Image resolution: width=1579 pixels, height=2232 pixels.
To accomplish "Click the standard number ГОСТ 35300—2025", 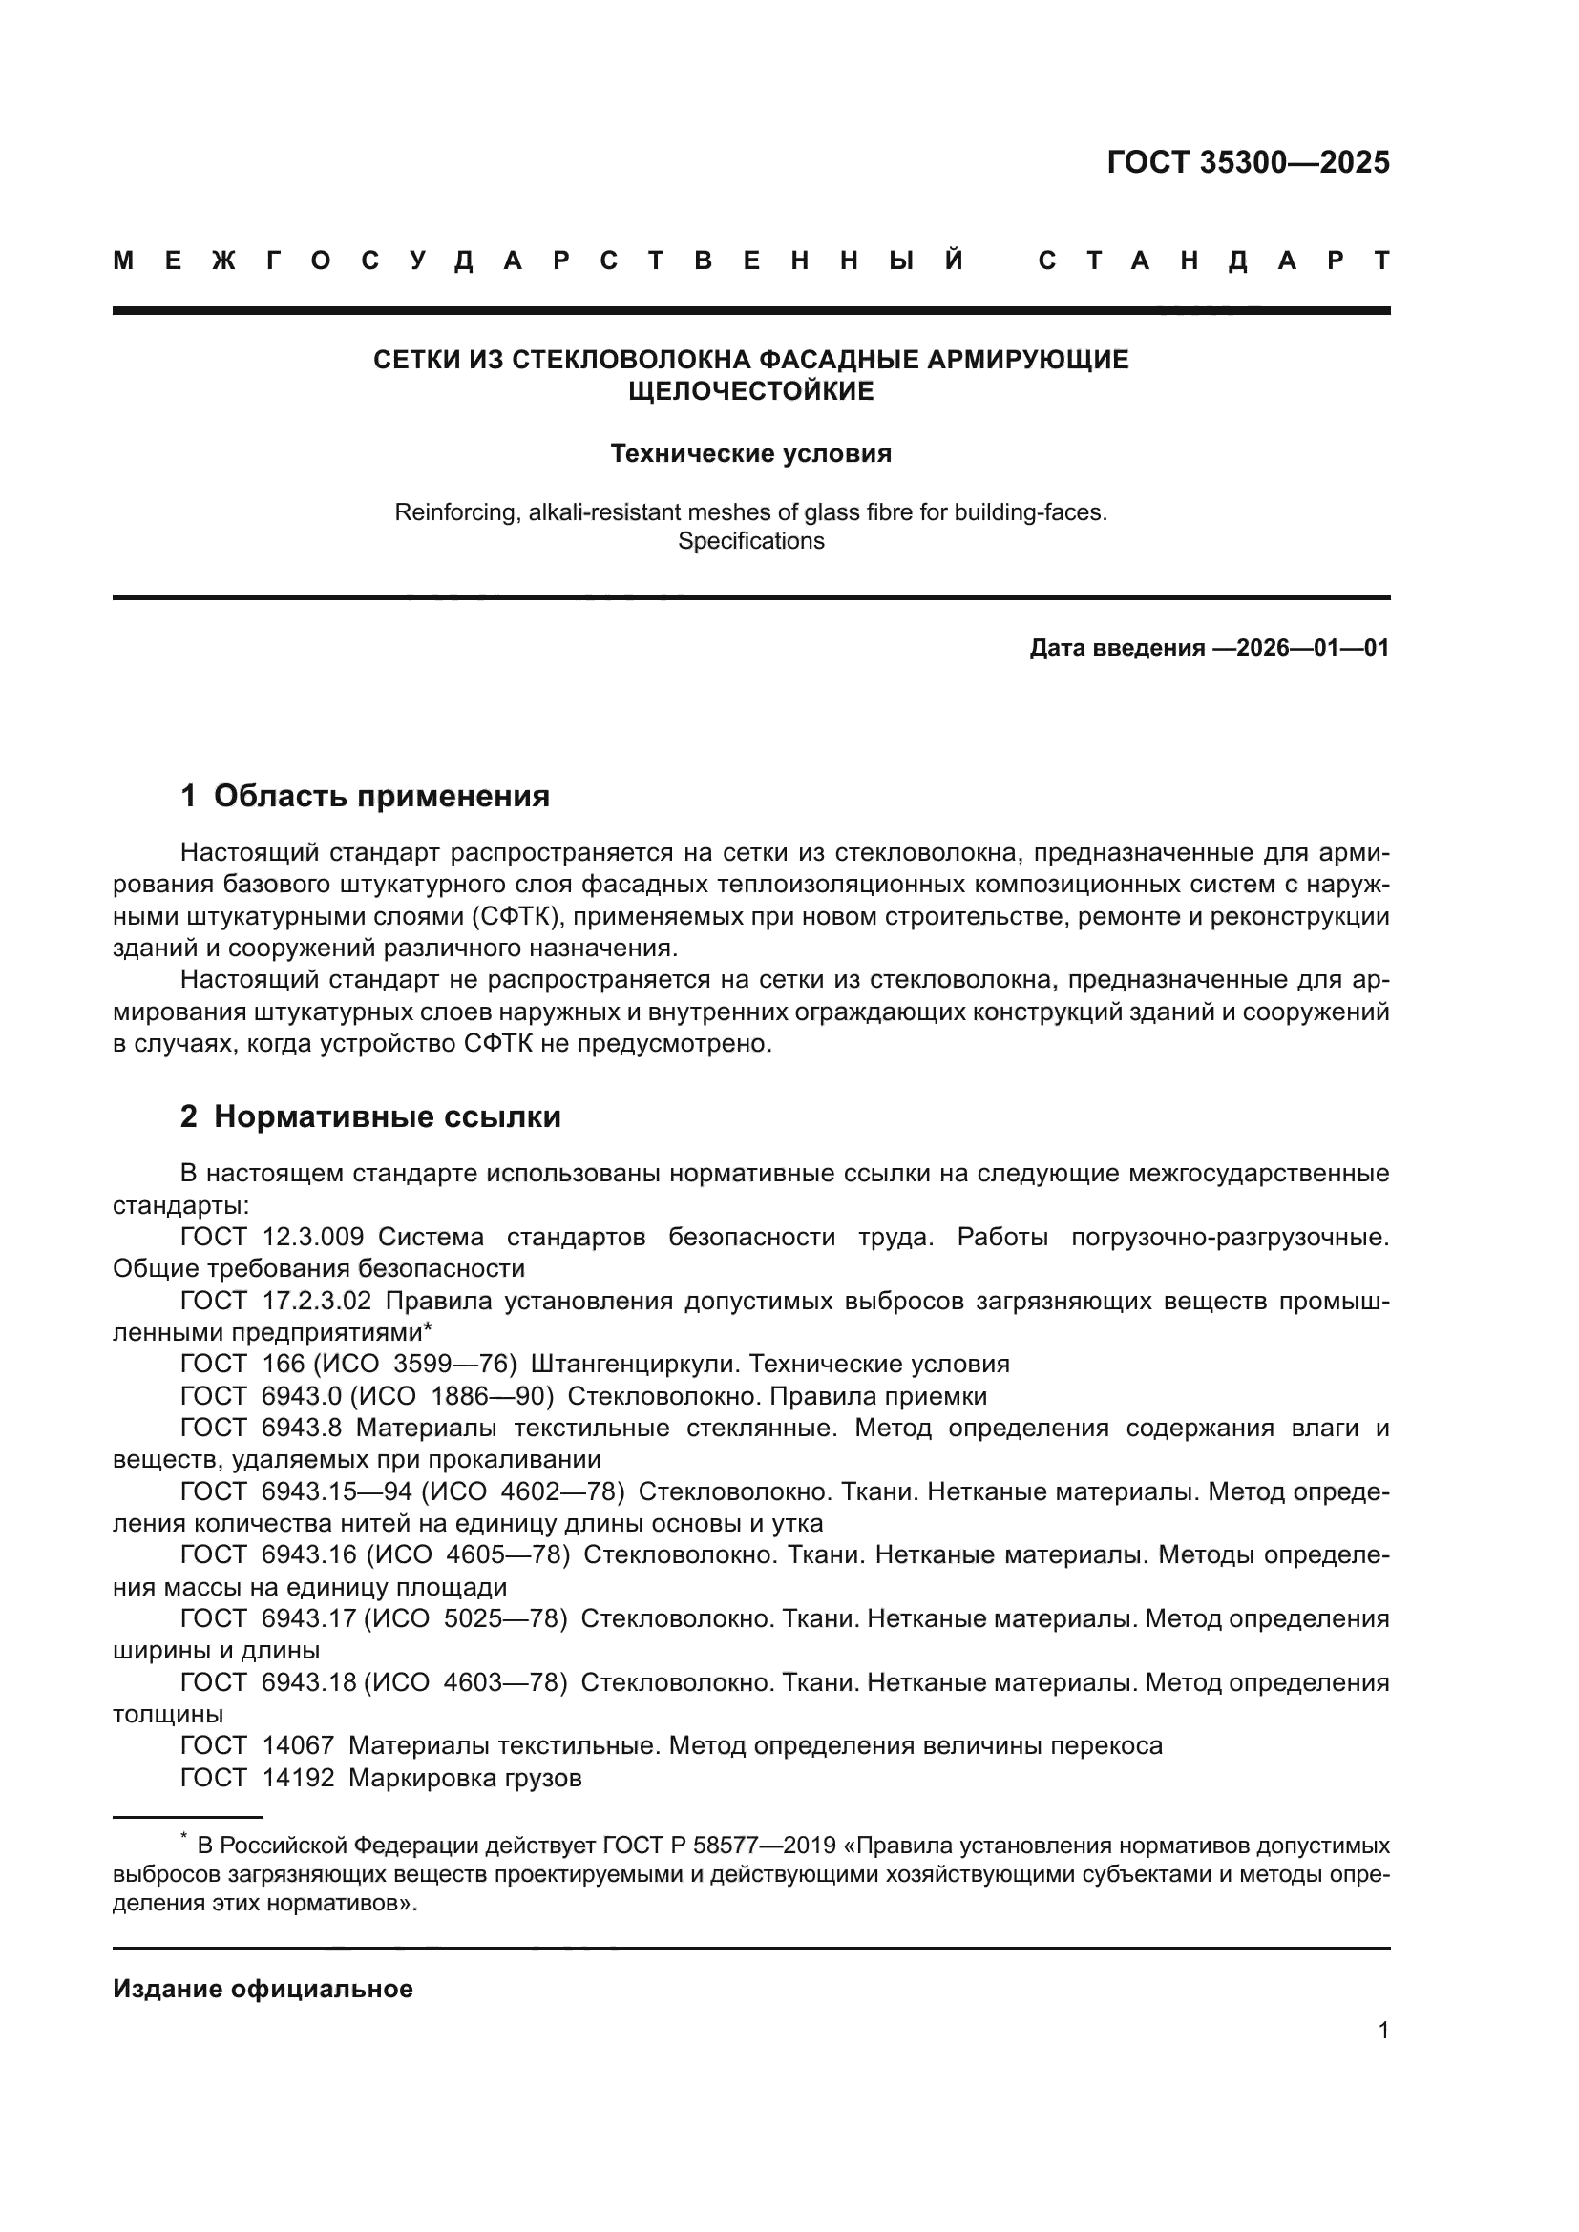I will tap(1248, 162).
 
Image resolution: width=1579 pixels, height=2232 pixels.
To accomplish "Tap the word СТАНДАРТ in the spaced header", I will tap(1213, 261).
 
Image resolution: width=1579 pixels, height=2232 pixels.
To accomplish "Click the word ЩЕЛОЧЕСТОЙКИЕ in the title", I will tap(750, 392).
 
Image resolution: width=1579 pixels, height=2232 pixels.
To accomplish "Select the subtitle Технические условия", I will tap(750, 454).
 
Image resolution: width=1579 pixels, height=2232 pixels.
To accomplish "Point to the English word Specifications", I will tap(750, 541).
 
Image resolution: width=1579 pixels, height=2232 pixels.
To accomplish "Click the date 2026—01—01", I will tap(1313, 648).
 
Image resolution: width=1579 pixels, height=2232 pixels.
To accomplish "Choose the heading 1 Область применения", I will tap(365, 796).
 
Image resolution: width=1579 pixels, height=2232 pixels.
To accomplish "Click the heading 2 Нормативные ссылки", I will tap(370, 1117).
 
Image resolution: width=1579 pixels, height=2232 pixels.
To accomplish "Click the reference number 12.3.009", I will tap(313, 1238).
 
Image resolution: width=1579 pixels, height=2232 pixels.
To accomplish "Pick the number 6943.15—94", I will tap(323, 1491).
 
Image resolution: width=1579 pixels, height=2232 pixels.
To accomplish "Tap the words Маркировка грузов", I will tap(465, 1778).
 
